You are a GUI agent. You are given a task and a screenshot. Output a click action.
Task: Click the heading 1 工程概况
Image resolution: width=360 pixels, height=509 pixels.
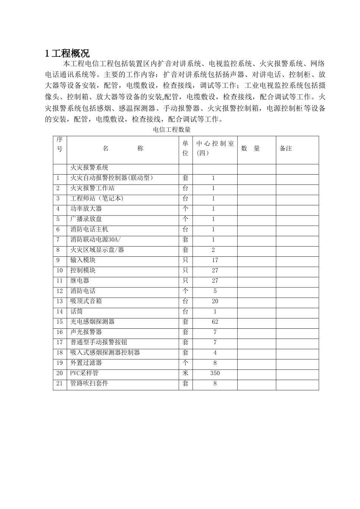click(67, 53)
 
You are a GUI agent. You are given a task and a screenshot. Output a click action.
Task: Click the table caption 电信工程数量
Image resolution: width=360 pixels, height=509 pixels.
click(171, 130)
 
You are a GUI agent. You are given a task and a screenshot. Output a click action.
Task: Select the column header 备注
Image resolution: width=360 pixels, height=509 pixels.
click(286, 149)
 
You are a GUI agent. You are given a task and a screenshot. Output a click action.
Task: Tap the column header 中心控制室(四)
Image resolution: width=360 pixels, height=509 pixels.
click(215, 148)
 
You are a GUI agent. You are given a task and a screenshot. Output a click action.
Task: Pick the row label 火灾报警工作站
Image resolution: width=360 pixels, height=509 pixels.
click(92, 188)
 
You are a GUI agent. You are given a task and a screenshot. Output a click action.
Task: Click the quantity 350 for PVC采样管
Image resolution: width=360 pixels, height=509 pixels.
click(215, 373)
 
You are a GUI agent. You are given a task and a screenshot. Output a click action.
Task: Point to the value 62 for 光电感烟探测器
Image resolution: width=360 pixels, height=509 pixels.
click(215, 322)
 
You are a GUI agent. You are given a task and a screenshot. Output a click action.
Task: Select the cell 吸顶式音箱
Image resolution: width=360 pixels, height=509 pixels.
click(86, 301)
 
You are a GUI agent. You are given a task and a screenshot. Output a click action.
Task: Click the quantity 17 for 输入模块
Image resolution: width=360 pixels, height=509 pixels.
click(215, 260)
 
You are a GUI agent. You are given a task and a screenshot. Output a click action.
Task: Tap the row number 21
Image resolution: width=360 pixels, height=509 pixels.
click(59, 383)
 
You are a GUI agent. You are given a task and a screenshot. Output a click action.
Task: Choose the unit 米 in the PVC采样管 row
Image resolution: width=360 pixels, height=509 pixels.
click(185, 373)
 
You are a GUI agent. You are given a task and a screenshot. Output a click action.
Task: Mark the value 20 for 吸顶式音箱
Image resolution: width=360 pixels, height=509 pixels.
click(215, 301)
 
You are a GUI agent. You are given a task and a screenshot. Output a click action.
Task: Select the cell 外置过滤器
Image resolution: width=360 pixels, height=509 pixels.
click(86, 363)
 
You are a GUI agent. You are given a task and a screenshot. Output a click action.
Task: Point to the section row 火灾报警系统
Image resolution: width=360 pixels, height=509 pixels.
click(89, 167)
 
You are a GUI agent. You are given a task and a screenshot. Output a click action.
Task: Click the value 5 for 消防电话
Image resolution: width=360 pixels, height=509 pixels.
click(215, 291)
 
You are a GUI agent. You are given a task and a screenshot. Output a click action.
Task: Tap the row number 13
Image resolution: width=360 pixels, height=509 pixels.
click(59, 301)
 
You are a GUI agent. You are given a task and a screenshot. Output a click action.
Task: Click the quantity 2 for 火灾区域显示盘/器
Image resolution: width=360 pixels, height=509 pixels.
click(213, 250)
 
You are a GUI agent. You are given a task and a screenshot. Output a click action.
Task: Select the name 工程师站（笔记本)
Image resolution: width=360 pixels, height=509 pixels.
click(97, 198)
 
